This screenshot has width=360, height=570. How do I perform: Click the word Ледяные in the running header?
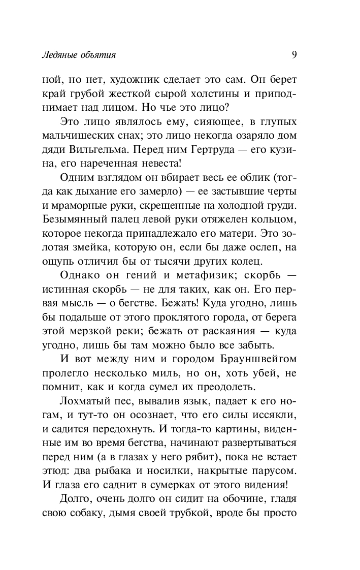point(59,54)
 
